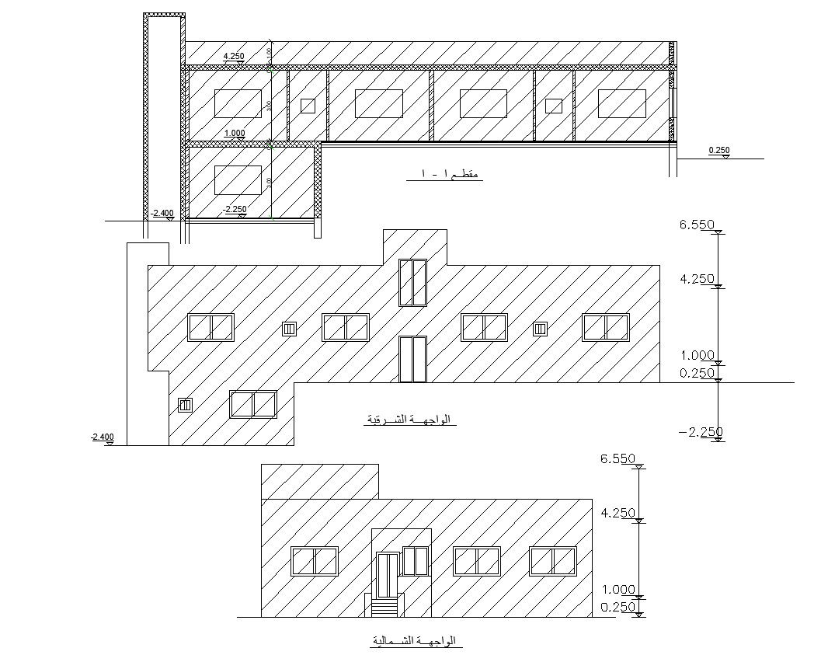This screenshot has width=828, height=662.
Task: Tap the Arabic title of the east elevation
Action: tap(409, 420)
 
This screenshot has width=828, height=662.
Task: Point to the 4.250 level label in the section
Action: tap(234, 56)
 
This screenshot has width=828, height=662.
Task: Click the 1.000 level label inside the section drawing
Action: tap(235, 134)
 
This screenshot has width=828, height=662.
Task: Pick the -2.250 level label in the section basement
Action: tap(235, 209)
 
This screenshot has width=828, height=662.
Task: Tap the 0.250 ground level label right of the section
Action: tap(719, 150)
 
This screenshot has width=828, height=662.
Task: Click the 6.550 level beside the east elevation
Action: tap(697, 225)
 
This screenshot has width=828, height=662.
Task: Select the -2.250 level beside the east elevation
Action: tap(701, 432)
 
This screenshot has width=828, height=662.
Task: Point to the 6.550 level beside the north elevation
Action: tap(618, 459)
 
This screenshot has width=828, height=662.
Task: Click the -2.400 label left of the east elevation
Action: tap(103, 437)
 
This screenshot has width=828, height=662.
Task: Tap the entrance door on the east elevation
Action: tap(412, 359)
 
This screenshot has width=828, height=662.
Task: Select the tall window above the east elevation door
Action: tap(412, 283)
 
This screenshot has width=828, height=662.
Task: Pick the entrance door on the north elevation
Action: tap(387, 575)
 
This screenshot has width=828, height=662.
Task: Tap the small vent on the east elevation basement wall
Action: tap(185, 405)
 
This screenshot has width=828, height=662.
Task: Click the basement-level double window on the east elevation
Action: tap(253, 405)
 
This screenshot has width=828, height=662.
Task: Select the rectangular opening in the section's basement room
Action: tap(238, 179)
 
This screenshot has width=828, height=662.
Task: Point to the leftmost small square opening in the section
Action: tap(308, 106)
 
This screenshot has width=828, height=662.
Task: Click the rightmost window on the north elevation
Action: tap(553, 561)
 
